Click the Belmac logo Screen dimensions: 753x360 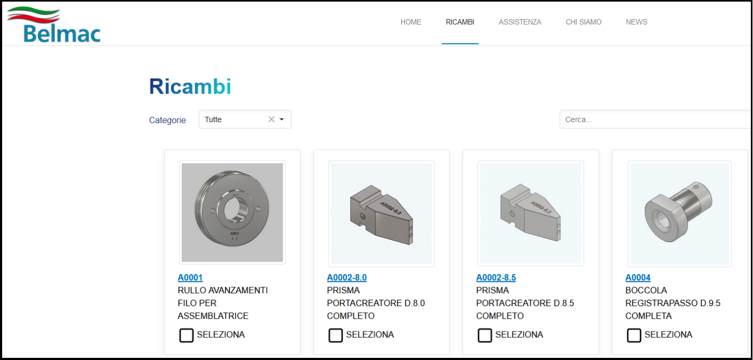coord(54,25)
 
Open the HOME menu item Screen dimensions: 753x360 coord(411,22)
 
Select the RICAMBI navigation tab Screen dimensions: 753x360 coord(460,22)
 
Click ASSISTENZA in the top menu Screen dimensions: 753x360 coord(520,22)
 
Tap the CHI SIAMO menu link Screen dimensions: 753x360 coord(584,22)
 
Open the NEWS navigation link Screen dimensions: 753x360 coord(636,22)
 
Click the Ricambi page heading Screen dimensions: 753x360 coord(190,87)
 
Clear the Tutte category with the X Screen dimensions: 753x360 coord(271,119)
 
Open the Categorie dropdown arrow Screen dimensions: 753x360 coord(282,119)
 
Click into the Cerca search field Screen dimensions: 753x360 coord(656,119)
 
